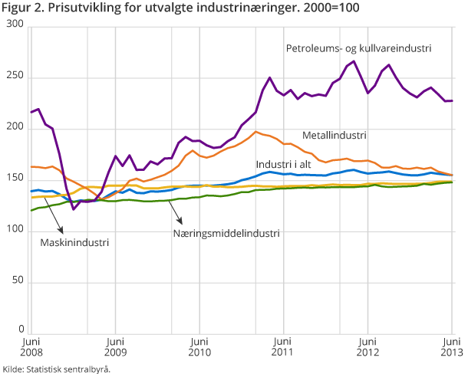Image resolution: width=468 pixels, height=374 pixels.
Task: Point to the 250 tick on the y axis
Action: (15, 77)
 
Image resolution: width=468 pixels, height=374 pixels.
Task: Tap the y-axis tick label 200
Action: (15, 129)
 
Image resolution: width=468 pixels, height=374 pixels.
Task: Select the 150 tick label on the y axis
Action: (15, 179)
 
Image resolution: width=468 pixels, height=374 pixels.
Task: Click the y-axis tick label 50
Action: (18, 282)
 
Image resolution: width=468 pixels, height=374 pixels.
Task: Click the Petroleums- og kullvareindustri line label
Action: (358, 48)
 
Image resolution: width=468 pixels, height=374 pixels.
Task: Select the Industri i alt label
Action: (288, 165)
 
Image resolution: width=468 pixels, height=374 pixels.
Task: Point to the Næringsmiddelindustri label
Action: (226, 233)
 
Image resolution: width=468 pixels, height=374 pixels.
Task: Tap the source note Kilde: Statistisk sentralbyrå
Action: (56, 369)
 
